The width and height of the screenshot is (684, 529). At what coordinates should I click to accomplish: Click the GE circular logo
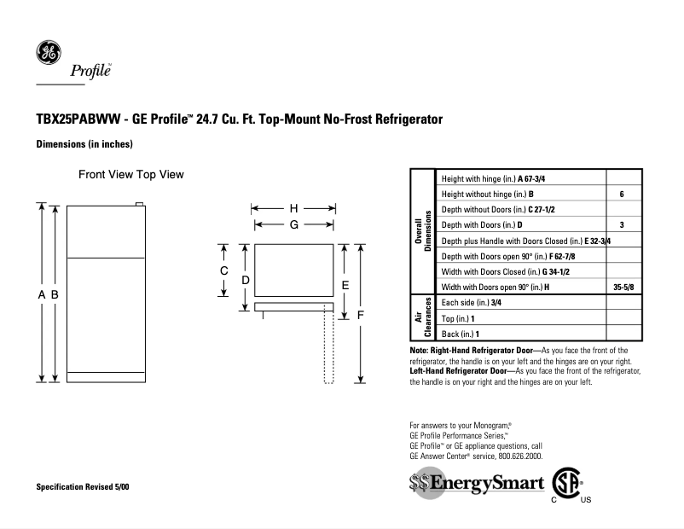pyautogui.click(x=48, y=53)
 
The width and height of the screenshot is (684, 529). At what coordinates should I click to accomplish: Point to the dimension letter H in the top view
pyautogui.click(x=293, y=208)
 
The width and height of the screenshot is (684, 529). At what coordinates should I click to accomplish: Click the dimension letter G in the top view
pyautogui.click(x=293, y=224)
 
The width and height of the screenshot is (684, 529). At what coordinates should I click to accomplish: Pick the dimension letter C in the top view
pyautogui.click(x=223, y=270)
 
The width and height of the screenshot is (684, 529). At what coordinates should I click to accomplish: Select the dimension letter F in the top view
pyautogui.click(x=361, y=315)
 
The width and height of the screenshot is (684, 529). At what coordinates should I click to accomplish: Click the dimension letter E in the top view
pyautogui.click(x=345, y=284)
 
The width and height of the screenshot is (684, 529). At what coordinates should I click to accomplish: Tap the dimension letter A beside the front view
pyautogui.click(x=41, y=294)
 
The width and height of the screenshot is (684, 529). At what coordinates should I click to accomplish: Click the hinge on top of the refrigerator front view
pyautogui.click(x=139, y=204)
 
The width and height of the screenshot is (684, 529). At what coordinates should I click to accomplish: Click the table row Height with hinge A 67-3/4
pyautogui.click(x=483, y=178)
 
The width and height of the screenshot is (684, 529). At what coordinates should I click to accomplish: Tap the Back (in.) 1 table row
pyautogui.click(x=461, y=334)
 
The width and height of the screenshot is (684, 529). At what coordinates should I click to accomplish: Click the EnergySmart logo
pyautogui.click(x=476, y=484)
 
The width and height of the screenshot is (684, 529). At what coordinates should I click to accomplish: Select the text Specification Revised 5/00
pyautogui.click(x=83, y=486)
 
